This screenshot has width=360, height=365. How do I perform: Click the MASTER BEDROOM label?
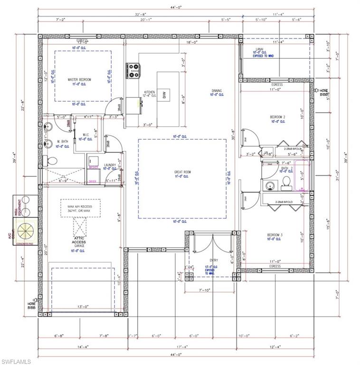point(79,79)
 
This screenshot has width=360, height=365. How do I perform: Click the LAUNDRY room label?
point(110,165)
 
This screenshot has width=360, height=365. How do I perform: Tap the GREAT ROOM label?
point(182,172)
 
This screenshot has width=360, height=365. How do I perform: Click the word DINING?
point(217,91)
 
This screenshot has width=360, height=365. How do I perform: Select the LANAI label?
point(260,48)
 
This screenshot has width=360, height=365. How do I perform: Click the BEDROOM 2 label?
point(277,117)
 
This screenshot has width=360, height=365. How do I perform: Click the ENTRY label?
point(213,260)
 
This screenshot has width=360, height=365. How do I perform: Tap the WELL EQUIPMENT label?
point(15,206)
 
